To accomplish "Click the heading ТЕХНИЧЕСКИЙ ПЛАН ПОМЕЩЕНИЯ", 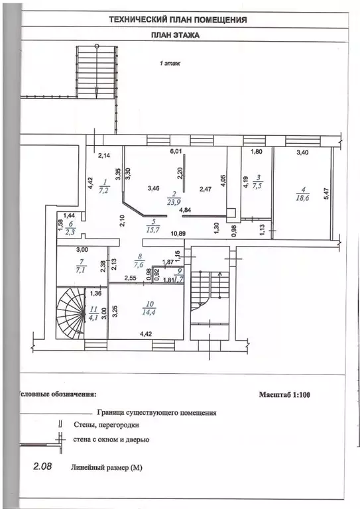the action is [178, 20].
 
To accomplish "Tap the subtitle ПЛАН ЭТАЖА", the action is [175, 35].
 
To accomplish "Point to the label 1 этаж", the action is [170, 64].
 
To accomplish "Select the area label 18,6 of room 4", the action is [302, 198].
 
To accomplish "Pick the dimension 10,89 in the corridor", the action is [178, 233].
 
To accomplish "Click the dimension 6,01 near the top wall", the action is [175, 151].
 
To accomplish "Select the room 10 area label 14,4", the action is [149, 313].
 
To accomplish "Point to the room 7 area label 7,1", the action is [81, 270].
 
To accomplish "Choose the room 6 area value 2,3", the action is [70, 232].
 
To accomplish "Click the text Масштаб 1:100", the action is [284, 395].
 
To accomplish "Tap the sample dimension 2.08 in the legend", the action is [42, 467].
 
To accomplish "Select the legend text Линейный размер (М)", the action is [107, 468].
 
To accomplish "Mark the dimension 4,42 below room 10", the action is [147, 334].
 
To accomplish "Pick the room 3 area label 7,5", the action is [257, 186].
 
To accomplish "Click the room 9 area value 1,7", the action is [179, 279].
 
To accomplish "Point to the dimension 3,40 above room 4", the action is [303, 152].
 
